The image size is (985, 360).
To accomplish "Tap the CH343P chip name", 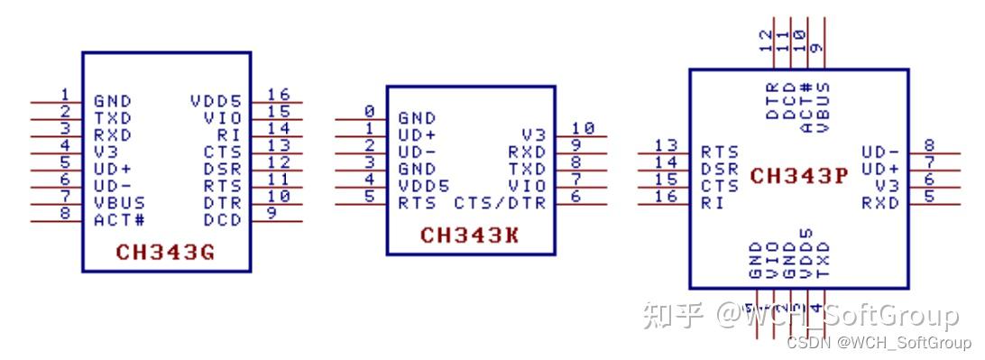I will pos(798,176).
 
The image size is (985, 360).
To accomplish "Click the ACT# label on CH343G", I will pos(119,219).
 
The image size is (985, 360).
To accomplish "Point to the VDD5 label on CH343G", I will pos(216,100).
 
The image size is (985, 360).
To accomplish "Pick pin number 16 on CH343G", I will pos(278,95).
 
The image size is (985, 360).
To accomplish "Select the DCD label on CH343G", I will pos(223,219).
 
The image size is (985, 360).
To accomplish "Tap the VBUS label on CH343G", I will pos(119,203).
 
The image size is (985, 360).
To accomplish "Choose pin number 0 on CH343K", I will pos(369,111).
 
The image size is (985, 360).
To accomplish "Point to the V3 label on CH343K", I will pos(533,134).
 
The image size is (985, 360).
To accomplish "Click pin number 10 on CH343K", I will pos(583,128).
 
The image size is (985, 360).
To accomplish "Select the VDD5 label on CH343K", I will pos(423,186).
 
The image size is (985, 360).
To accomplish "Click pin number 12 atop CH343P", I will pos(768,41).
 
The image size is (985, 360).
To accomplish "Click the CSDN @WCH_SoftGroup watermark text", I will pos(878,343).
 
